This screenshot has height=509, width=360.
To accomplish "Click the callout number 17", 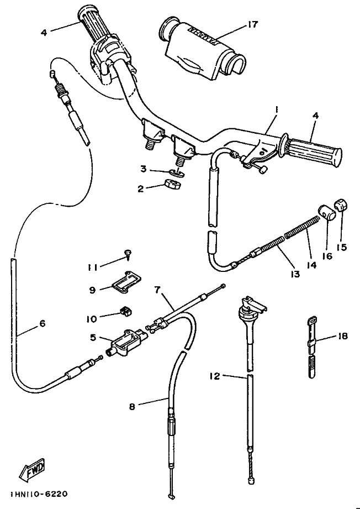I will [253, 24].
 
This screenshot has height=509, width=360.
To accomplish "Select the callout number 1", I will [276, 109].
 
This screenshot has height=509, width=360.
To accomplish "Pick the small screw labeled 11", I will [128, 255].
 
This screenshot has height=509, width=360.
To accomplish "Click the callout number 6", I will [42, 324].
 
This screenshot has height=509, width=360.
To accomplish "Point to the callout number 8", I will [132, 406].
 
